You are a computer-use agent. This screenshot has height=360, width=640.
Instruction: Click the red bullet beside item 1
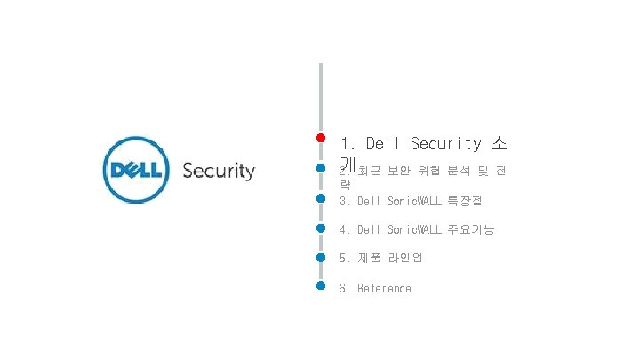point(320,138)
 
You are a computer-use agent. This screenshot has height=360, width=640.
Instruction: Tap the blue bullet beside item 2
point(320,167)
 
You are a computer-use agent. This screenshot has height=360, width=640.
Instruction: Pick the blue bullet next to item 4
point(320,227)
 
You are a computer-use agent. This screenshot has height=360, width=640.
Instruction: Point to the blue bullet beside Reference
point(320,285)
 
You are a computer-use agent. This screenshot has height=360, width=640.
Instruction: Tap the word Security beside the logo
point(219,171)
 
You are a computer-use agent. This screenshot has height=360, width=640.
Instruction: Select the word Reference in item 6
point(384,288)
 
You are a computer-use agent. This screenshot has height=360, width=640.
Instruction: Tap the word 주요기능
point(471,229)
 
